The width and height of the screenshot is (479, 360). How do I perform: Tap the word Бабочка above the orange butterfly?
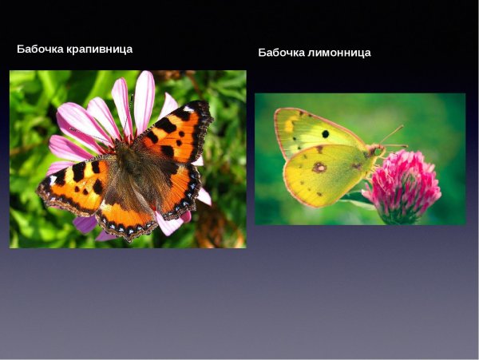(x=41, y=49)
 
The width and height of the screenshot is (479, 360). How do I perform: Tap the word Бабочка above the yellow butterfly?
(x=282, y=53)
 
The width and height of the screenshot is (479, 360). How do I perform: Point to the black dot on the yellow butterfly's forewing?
(x=325, y=134)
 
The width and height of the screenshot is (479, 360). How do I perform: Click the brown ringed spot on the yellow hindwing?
(x=319, y=167)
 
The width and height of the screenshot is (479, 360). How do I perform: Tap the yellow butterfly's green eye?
(x=376, y=151)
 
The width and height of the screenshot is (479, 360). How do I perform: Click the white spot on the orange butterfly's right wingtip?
(x=188, y=109)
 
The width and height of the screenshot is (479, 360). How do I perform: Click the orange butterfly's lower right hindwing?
(x=177, y=192)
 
